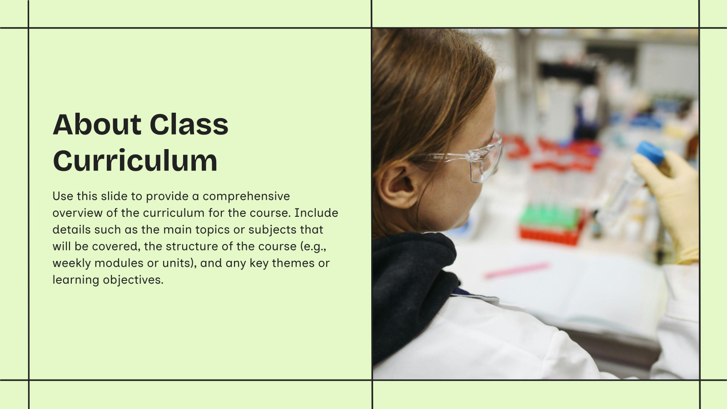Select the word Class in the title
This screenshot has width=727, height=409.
[189, 125]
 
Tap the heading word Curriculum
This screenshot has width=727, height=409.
[135, 161]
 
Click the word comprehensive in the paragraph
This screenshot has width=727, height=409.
[246, 196]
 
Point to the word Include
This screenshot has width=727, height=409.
[316, 213]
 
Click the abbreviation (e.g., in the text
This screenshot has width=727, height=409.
[313, 246]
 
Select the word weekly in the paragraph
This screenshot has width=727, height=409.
[71, 263]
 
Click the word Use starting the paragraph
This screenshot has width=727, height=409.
[63, 196]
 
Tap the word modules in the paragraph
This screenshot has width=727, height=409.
[119, 263]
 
